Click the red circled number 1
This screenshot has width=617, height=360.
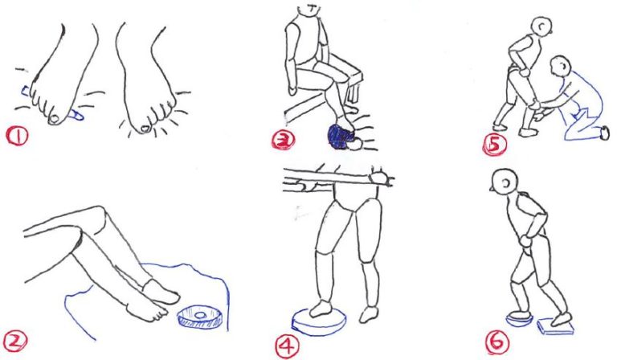click(17, 136)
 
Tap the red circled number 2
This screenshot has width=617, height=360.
click(15, 341)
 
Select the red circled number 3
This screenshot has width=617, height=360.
click(283, 140)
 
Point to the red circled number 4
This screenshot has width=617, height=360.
click(287, 346)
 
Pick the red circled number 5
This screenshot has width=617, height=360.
click(495, 144)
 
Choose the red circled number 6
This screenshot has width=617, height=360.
click(496, 342)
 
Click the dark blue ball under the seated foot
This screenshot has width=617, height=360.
click(340, 136)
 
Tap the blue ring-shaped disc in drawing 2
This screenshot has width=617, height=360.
click(200, 317)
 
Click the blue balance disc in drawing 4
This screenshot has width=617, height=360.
click(319, 322)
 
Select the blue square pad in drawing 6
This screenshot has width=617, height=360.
click(555, 326)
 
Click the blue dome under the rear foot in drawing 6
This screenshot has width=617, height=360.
click(520, 319)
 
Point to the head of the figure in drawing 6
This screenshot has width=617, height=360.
click(505, 182)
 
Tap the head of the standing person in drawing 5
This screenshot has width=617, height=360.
click(541, 27)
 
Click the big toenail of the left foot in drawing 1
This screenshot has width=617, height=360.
click(55, 117)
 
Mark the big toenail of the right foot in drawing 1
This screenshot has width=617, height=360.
click(145, 129)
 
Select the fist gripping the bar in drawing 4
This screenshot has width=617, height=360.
click(380, 178)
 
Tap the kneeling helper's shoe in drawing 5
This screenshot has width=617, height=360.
click(605, 133)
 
